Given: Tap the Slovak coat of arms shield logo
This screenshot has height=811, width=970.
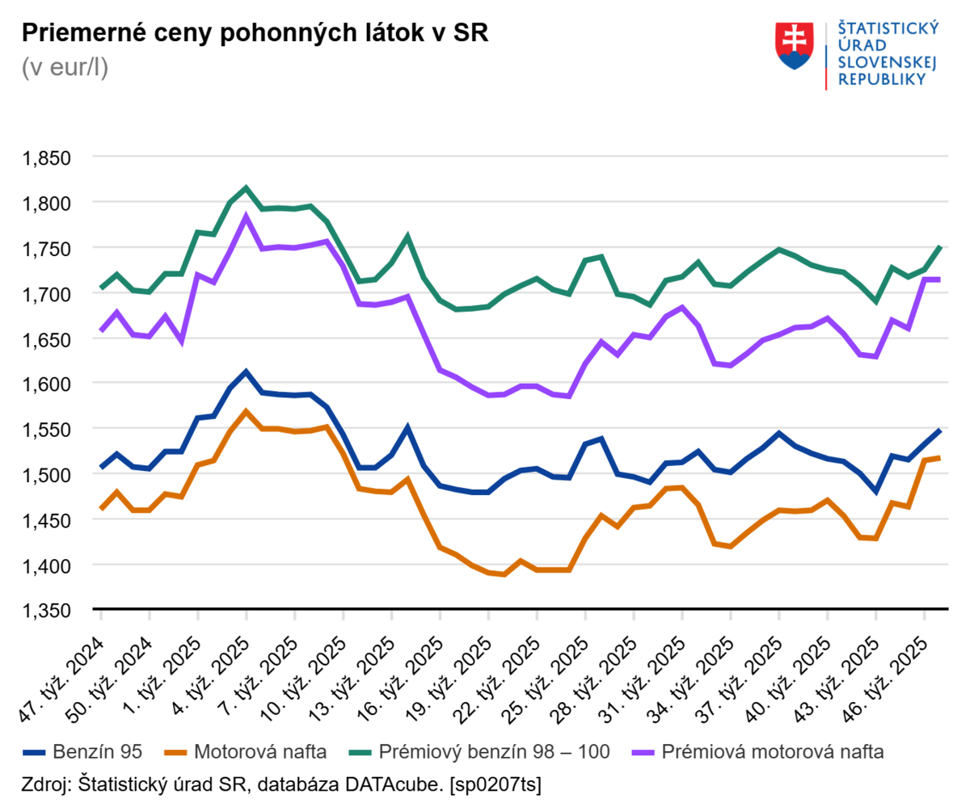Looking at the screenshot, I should pyautogui.click(x=794, y=46).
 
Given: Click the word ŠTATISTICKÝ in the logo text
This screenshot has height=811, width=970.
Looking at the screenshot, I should pyautogui.click(x=888, y=28).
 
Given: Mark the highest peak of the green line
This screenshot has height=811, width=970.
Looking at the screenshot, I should pyautogui.click(x=247, y=188).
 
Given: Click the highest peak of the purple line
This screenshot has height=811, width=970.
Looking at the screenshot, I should pyautogui.click(x=247, y=216).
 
